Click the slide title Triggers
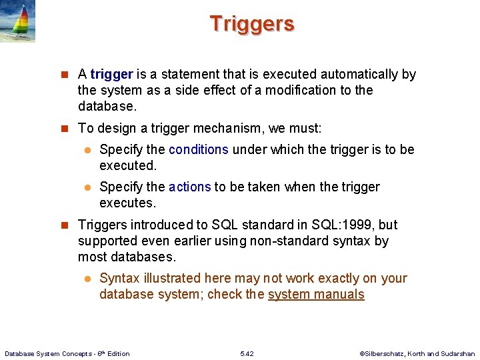(252, 24)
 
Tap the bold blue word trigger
(111, 74)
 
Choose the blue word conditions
(198, 149)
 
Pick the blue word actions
(189, 187)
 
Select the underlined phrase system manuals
(316, 294)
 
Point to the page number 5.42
(246, 353)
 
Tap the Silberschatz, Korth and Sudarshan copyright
(417, 353)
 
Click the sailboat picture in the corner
(18, 21)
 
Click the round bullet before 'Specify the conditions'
(87, 150)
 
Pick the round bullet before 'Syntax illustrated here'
(87, 279)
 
